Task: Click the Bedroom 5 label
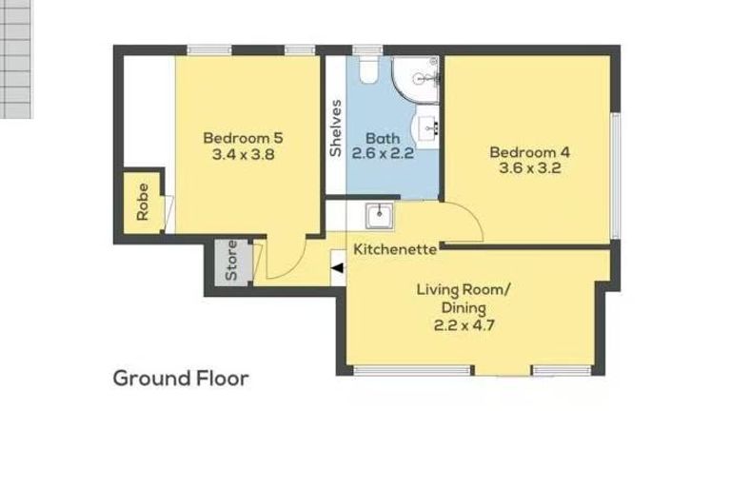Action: pos(243,137)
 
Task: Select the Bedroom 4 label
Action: pos(529,152)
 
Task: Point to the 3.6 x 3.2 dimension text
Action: pos(529,168)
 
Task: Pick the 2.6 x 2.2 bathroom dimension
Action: pos(382,153)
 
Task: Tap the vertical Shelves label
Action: pos(335,128)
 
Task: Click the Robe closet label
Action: pos(142,202)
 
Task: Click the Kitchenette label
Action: pos(395,249)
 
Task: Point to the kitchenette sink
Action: pos(381,216)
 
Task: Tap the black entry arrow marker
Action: pos(337,267)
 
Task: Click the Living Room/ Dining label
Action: pos(464,299)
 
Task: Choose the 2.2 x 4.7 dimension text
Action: pos(464,324)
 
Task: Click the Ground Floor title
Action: pos(181,379)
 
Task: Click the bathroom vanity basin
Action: pos(426,127)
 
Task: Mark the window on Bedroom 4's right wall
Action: pos(615,176)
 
